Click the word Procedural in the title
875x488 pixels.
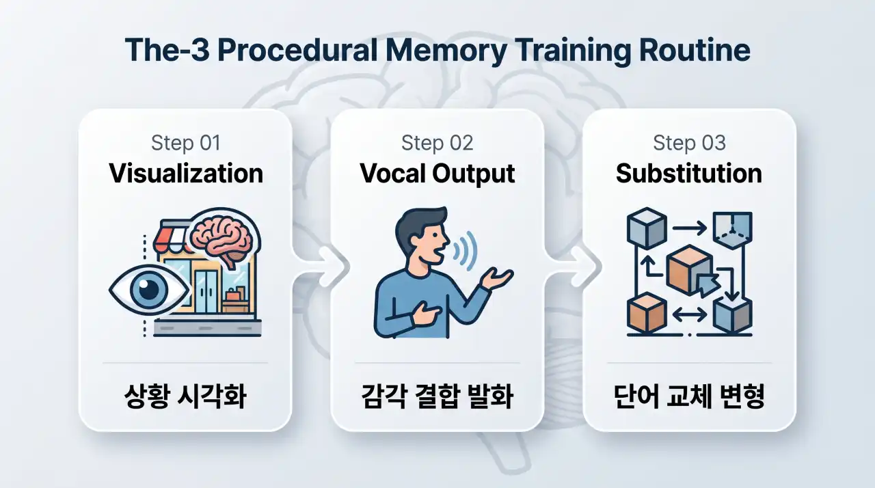tap(297, 50)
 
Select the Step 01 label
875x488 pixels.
tap(186, 142)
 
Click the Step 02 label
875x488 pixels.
tap(437, 142)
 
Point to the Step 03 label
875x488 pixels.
tap(690, 142)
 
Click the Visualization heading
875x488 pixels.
tap(186, 174)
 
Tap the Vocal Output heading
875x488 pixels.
tap(437, 174)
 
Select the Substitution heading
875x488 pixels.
tap(689, 174)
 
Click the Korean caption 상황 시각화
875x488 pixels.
tap(185, 396)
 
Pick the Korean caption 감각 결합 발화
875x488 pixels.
tap(437, 396)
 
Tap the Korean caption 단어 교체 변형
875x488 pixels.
tap(689, 396)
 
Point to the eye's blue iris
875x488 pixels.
tap(148, 290)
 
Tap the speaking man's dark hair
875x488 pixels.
tap(420, 223)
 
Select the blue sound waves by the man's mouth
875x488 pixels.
tap(465, 250)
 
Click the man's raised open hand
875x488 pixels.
tap(496, 278)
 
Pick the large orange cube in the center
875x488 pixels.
tap(688, 270)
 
